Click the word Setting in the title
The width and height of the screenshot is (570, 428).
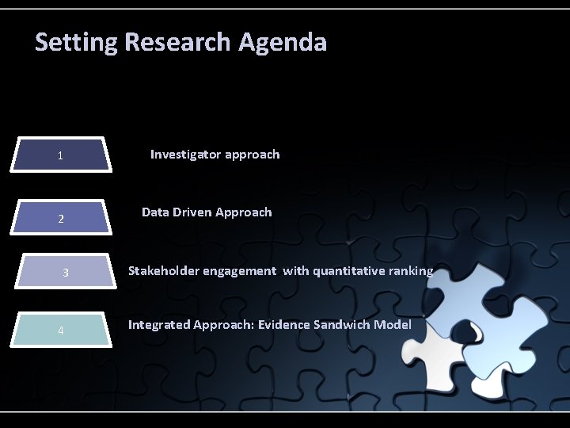[75, 42]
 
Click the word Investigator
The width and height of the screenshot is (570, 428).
[185, 155]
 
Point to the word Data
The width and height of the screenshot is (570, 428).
[155, 212]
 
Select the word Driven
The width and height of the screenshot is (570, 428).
[193, 212]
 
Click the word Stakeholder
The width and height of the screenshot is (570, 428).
[164, 271]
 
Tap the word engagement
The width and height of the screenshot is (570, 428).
[240, 271]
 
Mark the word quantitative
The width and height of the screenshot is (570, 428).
[348, 271]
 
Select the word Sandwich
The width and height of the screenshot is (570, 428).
[342, 325]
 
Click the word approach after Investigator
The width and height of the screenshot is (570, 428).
[252, 155]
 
